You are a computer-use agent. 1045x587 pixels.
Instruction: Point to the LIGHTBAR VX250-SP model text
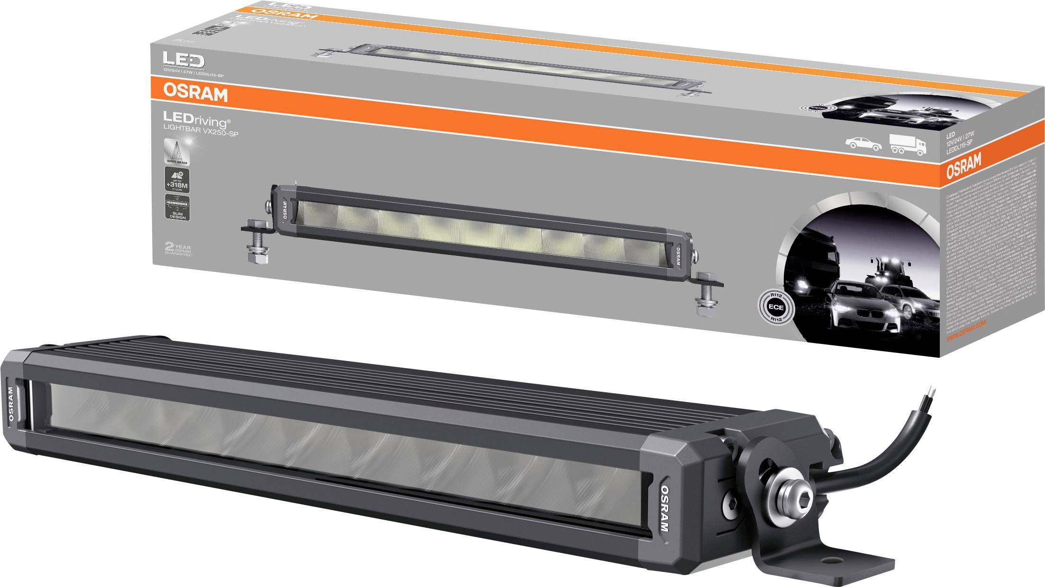(200, 133)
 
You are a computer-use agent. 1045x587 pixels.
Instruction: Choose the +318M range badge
(176, 181)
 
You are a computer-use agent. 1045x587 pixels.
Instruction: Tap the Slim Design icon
(176, 208)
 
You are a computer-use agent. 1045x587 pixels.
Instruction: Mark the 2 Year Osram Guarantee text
(177, 250)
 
